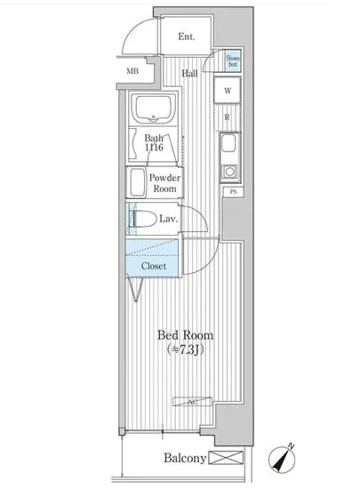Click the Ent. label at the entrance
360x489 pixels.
(x=187, y=37)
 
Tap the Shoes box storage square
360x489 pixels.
(x=232, y=61)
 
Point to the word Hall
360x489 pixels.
(x=190, y=74)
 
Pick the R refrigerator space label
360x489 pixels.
(x=228, y=116)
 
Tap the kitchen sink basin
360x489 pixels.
(x=228, y=145)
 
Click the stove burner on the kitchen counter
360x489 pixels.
(x=228, y=170)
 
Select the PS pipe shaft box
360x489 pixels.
(x=233, y=192)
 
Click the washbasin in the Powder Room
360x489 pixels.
(x=138, y=183)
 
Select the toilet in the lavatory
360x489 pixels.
(x=142, y=218)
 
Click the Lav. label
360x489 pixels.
(x=170, y=219)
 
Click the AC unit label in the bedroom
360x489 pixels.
(x=192, y=403)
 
